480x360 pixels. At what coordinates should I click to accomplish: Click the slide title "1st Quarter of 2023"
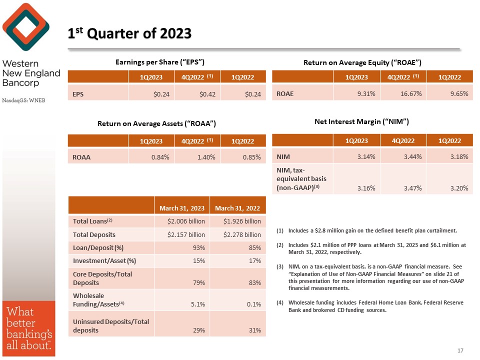130,33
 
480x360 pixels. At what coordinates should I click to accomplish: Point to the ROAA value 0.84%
159,157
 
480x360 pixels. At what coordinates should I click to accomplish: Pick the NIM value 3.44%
412,157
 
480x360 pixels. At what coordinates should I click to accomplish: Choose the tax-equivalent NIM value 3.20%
458,188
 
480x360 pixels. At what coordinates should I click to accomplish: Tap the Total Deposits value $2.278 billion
242,234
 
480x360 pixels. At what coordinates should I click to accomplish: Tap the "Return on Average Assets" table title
156,123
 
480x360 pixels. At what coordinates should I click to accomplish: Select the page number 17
460,350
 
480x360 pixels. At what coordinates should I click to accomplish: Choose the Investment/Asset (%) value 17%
254,260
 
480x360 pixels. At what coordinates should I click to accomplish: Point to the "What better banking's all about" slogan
27,327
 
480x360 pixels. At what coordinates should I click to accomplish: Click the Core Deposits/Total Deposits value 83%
254,282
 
